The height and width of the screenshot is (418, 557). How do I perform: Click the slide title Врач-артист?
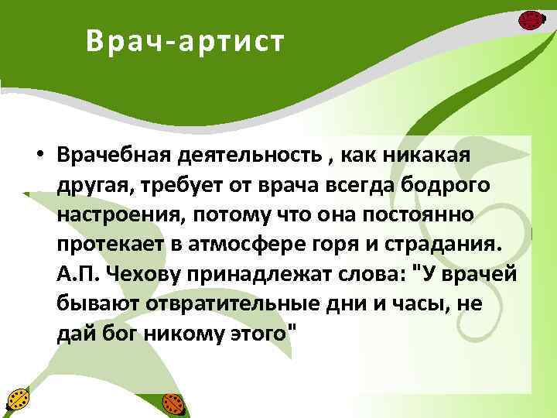coord(185,42)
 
